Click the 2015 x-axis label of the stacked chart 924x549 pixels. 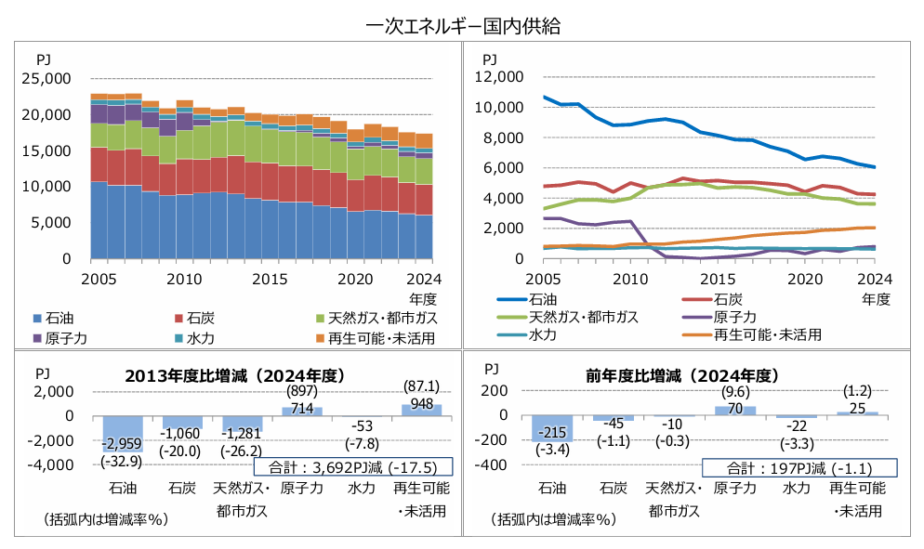click(270, 278)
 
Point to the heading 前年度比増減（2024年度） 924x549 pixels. click(680, 375)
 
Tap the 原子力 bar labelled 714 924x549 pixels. click(301, 412)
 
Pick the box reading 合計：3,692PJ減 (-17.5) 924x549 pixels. click(351, 467)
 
